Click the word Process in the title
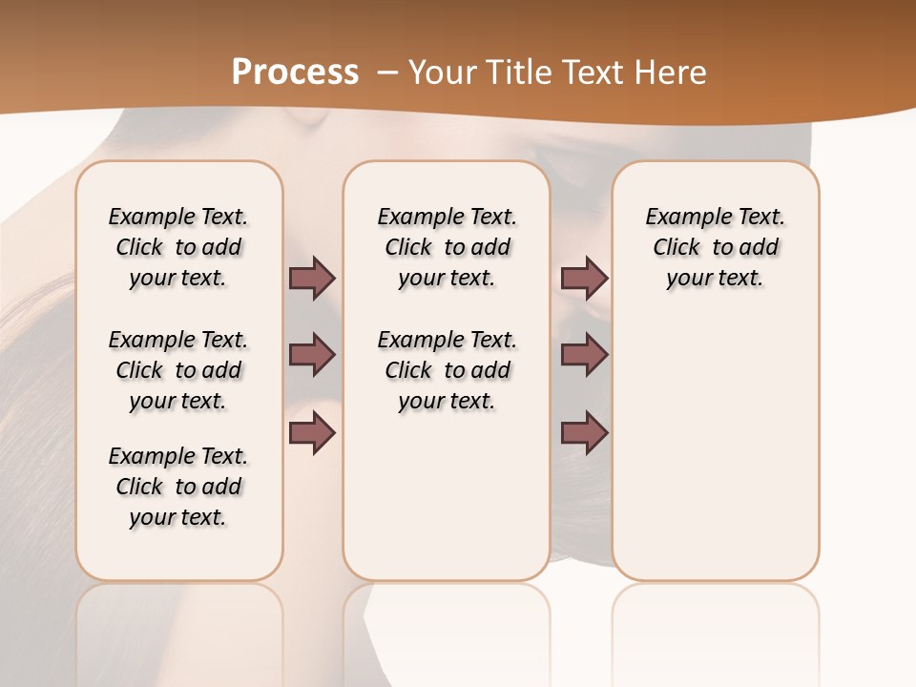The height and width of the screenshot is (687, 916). pyautogui.click(x=295, y=72)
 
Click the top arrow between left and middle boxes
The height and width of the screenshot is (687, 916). pyautogui.click(x=312, y=279)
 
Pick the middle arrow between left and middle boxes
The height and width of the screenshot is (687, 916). pyautogui.click(x=312, y=356)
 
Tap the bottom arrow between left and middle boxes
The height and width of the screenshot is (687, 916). pyautogui.click(x=312, y=434)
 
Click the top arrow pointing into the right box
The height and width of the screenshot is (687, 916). pyautogui.click(x=584, y=279)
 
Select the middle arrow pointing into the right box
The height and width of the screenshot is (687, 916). pyautogui.click(x=584, y=356)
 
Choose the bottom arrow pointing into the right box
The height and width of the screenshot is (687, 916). pyautogui.click(x=584, y=434)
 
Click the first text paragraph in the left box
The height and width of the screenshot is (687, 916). pyautogui.click(x=178, y=247)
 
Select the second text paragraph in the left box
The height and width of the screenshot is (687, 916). pyautogui.click(x=178, y=370)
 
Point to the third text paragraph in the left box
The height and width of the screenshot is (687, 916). pyautogui.click(x=178, y=487)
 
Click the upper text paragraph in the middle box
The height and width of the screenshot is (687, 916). pyautogui.click(x=447, y=247)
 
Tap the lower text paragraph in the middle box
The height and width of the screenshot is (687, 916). pyautogui.click(x=447, y=370)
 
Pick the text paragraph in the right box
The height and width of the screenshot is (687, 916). pyautogui.click(x=716, y=247)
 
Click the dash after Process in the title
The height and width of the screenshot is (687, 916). pyautogui.click(x=387, y=73)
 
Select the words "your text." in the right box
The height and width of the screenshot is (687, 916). pyautogui.click(x=715, y=279)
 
